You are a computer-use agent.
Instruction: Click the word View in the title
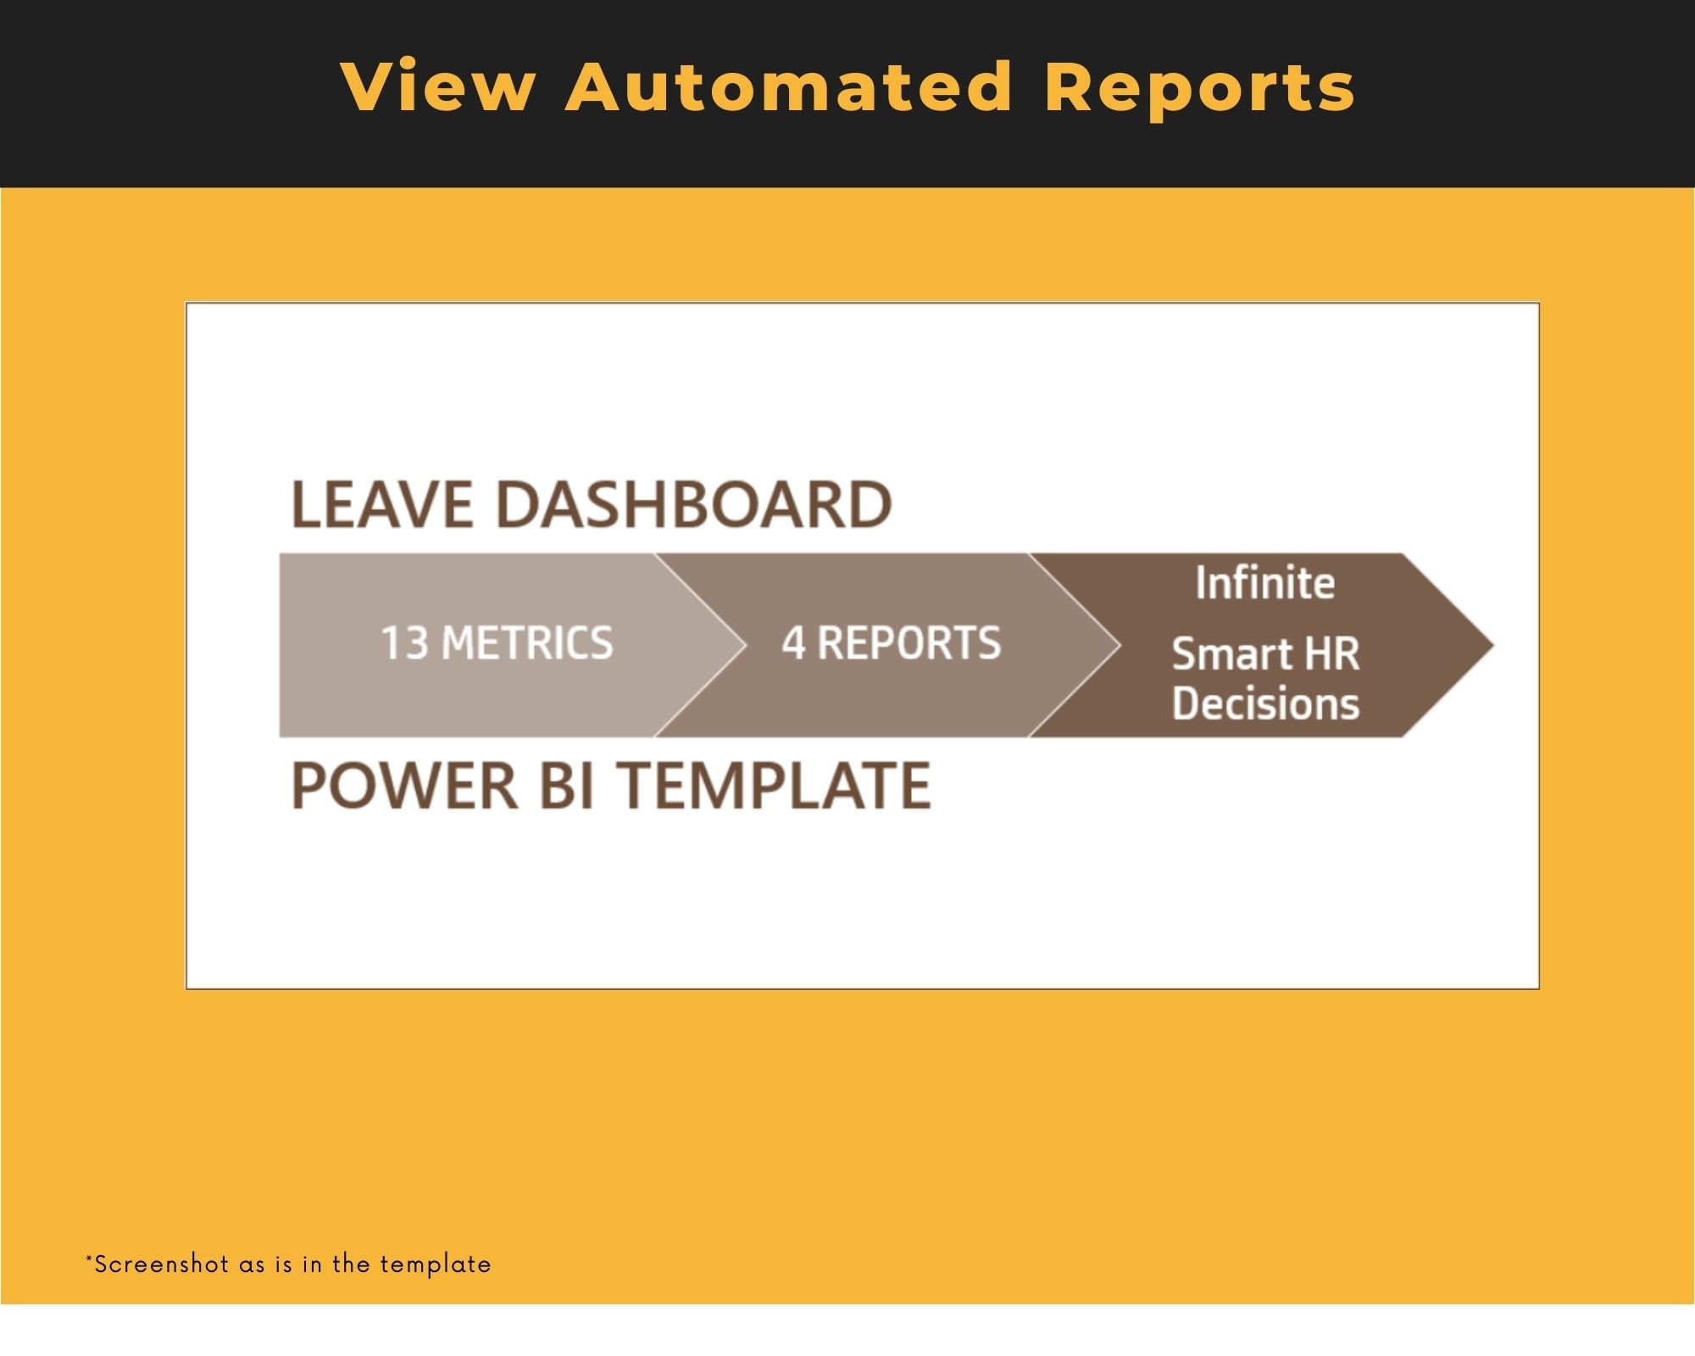438,86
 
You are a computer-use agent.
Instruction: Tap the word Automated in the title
788,86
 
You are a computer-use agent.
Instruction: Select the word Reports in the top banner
1199,88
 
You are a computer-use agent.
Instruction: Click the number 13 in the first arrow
404,643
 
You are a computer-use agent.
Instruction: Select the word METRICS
527,643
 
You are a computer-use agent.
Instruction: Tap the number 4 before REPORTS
793,643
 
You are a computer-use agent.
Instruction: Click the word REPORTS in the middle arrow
909,643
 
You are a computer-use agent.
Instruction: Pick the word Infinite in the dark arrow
1264,583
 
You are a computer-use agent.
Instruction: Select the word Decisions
1265,703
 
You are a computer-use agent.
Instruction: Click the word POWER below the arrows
404,786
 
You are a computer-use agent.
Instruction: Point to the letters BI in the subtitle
566,786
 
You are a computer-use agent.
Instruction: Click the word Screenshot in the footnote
161,1264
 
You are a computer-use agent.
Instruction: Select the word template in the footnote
435,1265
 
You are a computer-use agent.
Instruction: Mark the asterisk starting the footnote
89,1259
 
